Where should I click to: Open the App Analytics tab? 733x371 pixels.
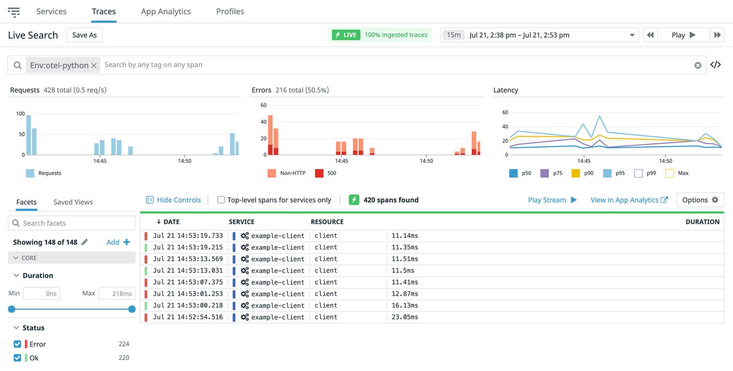coord(165,12)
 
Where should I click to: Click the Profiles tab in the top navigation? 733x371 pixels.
coord(230,12)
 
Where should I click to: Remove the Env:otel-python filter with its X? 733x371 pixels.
coord(94,66)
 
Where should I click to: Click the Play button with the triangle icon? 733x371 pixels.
coord(683,35)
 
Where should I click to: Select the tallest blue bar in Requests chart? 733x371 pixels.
coord(29,135)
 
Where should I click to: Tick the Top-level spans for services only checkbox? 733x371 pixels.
coord(221,200)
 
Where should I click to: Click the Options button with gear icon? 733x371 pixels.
coord(700,200)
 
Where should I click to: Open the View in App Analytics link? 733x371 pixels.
coord(629,200)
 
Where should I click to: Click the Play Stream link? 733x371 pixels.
coord(552,200)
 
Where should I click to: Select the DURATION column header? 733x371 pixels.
coord(702,222)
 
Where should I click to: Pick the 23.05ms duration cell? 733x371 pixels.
coord(405,317)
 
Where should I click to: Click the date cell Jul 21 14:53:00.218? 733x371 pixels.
coord(187,305)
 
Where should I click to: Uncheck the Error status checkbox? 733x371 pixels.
coord(17,344)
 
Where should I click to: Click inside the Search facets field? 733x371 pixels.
coord(76,223)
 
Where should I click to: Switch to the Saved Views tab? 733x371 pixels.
coord(73,202)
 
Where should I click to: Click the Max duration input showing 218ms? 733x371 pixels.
coord(117,293)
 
